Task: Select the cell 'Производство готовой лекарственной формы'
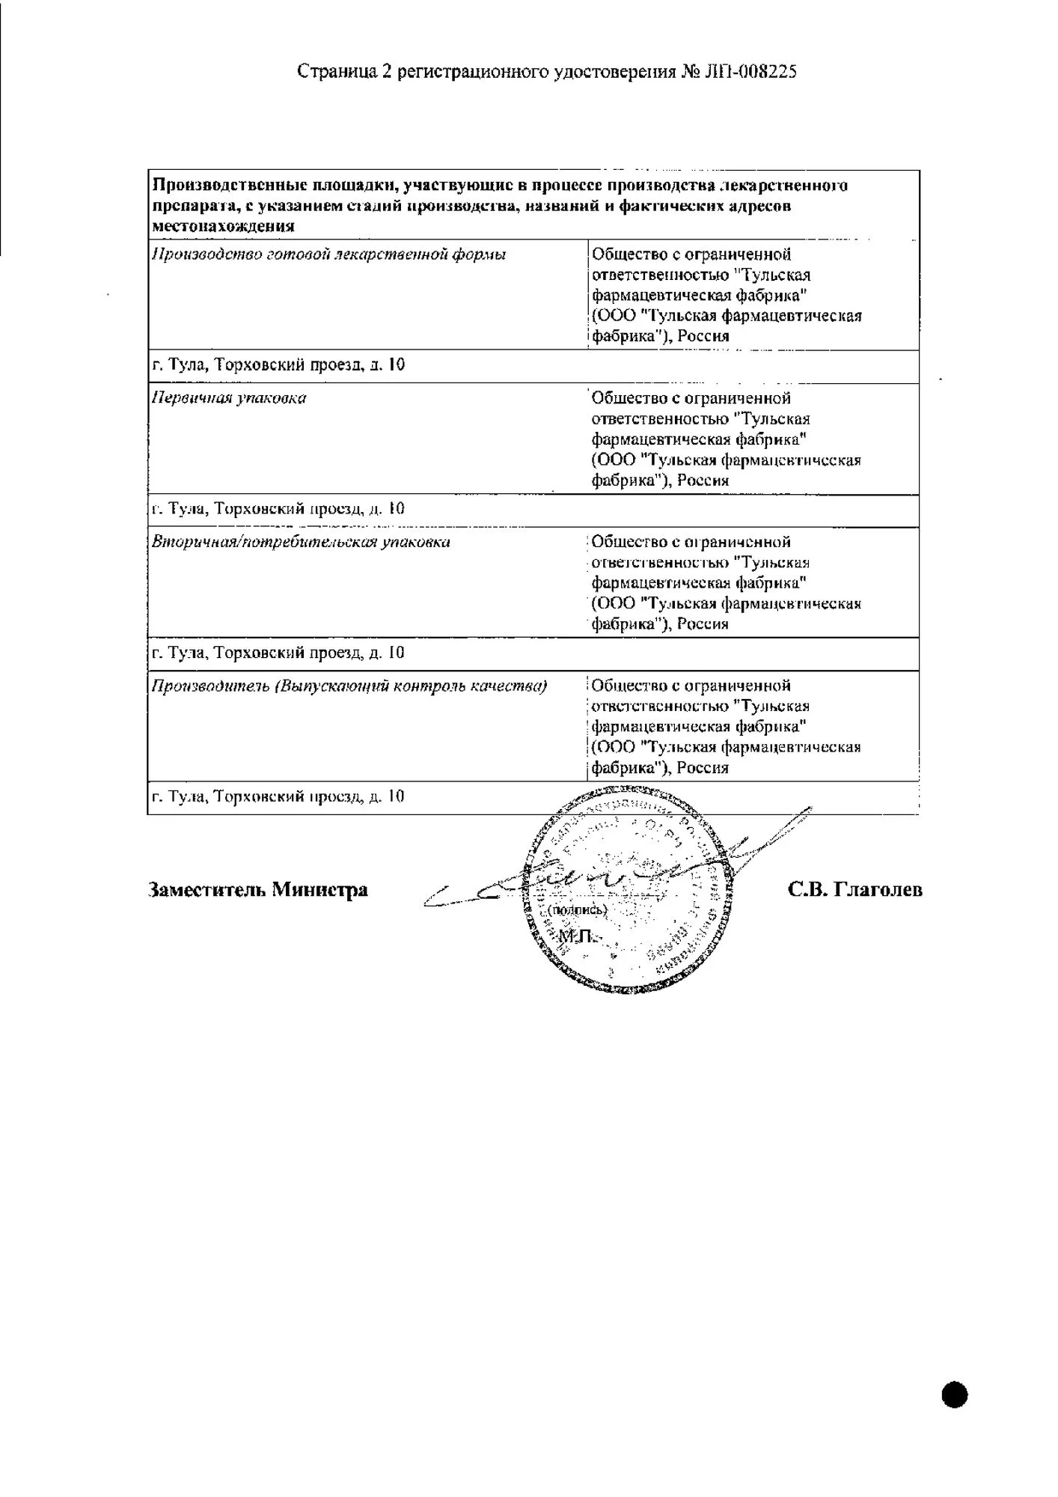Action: tap(329, 254)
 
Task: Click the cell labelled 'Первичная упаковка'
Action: tap(229, 398)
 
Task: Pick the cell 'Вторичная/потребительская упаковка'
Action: tap(301, 542)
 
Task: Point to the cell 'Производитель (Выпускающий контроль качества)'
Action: tap(349, 686)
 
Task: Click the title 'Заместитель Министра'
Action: tap(258, 890)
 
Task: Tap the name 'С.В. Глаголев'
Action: tap(854, 889)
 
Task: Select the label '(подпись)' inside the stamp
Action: tap(577, 910)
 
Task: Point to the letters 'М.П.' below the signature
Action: tap(575, 937)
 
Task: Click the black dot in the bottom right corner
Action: tap(955, 1395)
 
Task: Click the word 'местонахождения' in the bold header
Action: tap(223, 225)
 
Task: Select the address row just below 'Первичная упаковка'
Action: tap(278, 510)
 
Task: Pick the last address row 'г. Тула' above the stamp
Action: tap(278, 797)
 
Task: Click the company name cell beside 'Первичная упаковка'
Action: tap(726, 439)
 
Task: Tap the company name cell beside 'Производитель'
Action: tap(726, 727)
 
